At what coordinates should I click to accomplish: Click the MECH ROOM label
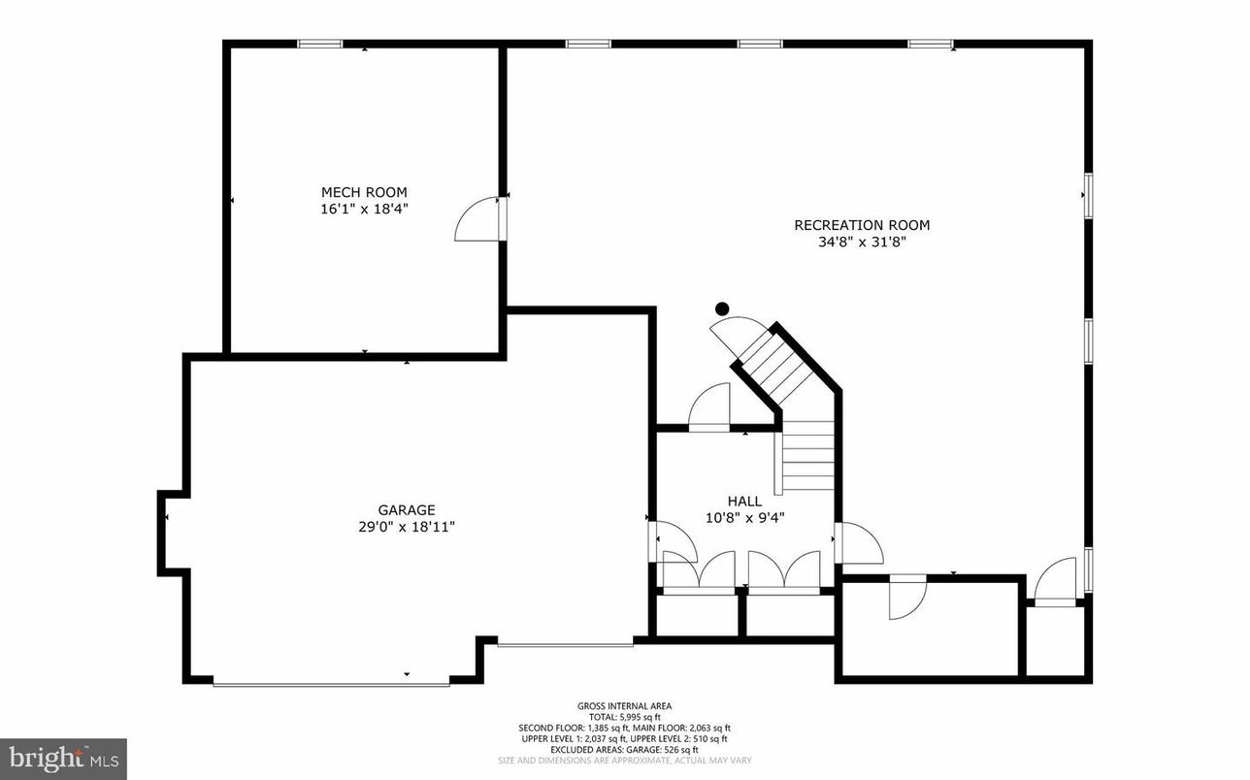coord(364,192)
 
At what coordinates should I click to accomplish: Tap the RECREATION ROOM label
coord(862,225)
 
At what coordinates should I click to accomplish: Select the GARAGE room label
coord(406,509)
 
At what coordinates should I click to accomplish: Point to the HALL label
coord(744,501)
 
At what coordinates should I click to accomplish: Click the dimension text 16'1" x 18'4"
coord(364,209)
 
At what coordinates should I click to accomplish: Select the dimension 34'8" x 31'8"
coord(862,243)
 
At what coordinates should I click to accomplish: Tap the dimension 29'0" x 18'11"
coord(406,527)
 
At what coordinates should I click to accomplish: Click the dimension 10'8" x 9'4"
coord(744,518)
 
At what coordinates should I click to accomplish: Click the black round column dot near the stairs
coord(721,309)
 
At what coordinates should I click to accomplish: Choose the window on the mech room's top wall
coord(319,43)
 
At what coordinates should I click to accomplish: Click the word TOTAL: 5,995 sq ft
coord(624,717)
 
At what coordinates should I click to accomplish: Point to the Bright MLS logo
coord(62,758)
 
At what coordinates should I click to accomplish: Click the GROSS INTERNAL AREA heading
coord(624,706)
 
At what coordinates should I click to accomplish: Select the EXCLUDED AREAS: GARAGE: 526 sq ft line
coord(624,749)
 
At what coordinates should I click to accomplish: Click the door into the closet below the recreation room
coord(906,598)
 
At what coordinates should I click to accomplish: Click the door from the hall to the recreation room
coord(859,543)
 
